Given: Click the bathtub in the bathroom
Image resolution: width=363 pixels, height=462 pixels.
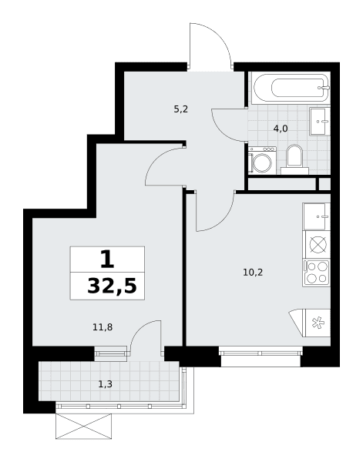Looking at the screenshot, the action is pyautogui.click(x=291, y=88).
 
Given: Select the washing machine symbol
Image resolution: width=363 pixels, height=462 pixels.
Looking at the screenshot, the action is pyautogui.click(x=262, y=161).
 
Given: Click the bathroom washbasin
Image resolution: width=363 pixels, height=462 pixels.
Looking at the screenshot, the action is pyautogui.click(x=320, y=121).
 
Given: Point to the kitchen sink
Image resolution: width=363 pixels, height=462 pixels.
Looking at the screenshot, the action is pyautogui.click(x=317, y=216).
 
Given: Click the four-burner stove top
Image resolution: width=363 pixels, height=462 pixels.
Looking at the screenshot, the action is pyautogui.click(x=317, y=273).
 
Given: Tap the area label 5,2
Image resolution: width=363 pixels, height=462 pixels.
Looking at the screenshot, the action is pyautogui.click(x=181, y=109).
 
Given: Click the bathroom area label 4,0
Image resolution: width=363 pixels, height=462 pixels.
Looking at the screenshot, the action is pyautogui.click(x=281, y=129).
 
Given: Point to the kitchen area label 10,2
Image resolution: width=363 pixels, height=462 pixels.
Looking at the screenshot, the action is pyautogui.click(x=253, y=273).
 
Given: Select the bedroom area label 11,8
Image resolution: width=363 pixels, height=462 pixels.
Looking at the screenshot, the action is pyautogui.click(x=103, y=326).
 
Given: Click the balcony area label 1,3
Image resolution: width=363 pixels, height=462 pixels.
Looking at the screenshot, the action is pyautogui.click(x=106, y=384).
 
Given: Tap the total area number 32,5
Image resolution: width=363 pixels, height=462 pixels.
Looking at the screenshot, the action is pyautogui.click(x=112, y=286).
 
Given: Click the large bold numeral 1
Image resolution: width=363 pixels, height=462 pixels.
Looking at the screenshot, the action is pyautogui.click(x=107, y=259).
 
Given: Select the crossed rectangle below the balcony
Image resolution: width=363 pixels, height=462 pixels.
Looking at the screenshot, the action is pyautogui.click(x=84, y=426).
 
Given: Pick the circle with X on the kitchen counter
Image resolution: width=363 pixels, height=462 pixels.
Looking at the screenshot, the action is pyautogui.click(x=318, y=245).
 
